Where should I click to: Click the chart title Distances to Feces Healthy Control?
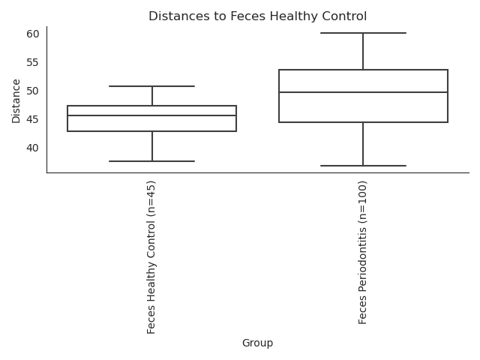[x=257, y=16]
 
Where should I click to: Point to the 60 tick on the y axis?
[x=33, y=34]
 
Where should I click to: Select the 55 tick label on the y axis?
[x=33, y=62]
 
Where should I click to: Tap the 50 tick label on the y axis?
[x=33, y=91]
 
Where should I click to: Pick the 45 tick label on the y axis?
[x=33, y=119]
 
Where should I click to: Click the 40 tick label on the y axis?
[x=33, y=148]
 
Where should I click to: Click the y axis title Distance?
[x=16, y=101]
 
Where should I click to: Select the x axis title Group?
[x=257, y=343]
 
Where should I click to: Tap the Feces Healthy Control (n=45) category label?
[x=151, y=257]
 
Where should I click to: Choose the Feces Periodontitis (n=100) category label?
[x=362, y=253]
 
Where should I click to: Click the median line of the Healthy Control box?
[x=151, y=115]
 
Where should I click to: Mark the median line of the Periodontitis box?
[x=363, y=92]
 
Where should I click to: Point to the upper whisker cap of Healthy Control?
[x=151, y=86]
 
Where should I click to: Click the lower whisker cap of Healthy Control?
[x=151, y=161]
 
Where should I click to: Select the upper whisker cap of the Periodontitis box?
[x=363, y=33]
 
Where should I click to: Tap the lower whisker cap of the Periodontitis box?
[x=363, y=166]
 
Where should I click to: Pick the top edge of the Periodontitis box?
[x=363, y=70]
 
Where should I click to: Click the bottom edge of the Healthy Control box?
[x=151, y=131]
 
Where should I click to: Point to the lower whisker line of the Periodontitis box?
[x=363, y=144]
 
